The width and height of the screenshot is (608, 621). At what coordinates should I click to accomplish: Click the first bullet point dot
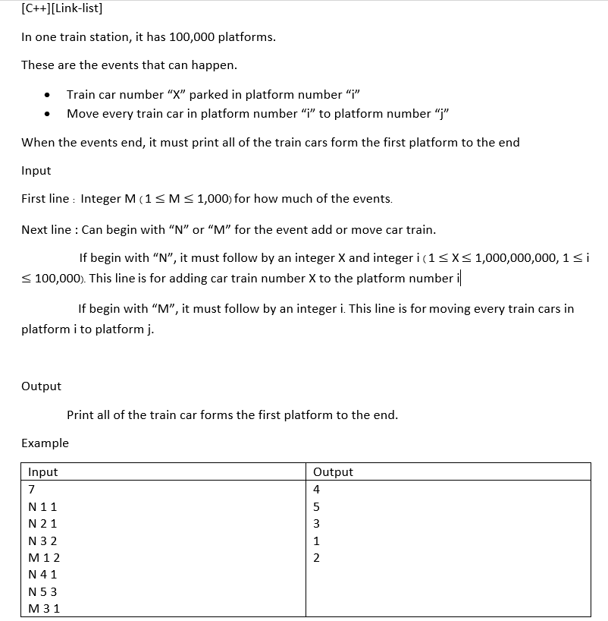coord(47,96)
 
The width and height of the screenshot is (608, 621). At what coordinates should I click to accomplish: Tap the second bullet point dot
coord(47,115)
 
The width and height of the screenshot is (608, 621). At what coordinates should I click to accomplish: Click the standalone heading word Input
coord(36,171)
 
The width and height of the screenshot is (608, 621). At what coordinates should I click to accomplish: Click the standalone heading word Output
coord(41,386)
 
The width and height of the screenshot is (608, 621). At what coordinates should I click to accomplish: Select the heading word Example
coord(45,443)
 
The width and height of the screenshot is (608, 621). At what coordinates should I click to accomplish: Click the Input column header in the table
coord(42,471)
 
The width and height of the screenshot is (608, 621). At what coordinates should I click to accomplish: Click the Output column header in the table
coord(333,471)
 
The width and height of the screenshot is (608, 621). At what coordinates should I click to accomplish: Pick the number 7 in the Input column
coord(31,489)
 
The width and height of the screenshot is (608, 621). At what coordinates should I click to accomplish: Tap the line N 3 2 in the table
coord(42,541)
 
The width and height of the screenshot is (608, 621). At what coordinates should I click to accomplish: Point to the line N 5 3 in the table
coord(42,592)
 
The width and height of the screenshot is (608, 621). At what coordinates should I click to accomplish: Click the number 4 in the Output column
coord(316,489)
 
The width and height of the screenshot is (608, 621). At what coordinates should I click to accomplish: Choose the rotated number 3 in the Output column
coord(316,524)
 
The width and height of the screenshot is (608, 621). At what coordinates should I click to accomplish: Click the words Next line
coord(46,229)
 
